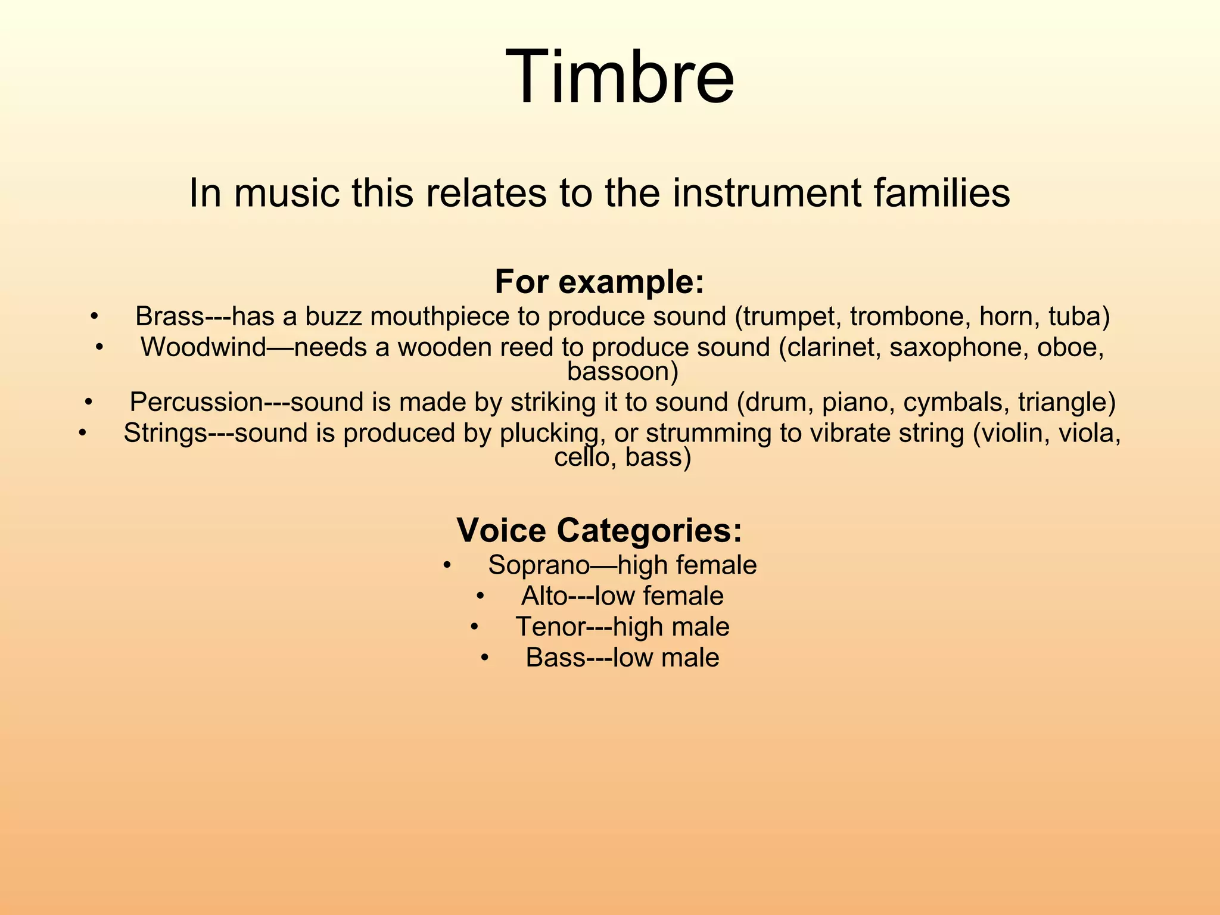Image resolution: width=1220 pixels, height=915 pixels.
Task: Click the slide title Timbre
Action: click(x=619, y=77)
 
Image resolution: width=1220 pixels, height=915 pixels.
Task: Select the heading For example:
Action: click(x=599, y=281)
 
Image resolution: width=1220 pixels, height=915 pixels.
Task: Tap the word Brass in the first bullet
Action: click(x=170, y=316)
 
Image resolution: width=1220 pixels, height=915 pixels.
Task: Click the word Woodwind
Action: click(x=203, y=347)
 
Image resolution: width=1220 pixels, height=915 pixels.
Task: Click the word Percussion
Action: click(x=196, y=402)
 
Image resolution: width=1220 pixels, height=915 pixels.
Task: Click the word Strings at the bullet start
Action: click(x=165, y=433)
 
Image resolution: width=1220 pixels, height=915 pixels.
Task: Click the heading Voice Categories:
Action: click(x=599, y=530)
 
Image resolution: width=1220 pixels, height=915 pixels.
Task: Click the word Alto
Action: click(x=543, y=596)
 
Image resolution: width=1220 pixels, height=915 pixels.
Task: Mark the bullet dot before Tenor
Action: click(x=474, y=627)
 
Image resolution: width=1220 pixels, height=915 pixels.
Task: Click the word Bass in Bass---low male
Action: click(x=555, y=658)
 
